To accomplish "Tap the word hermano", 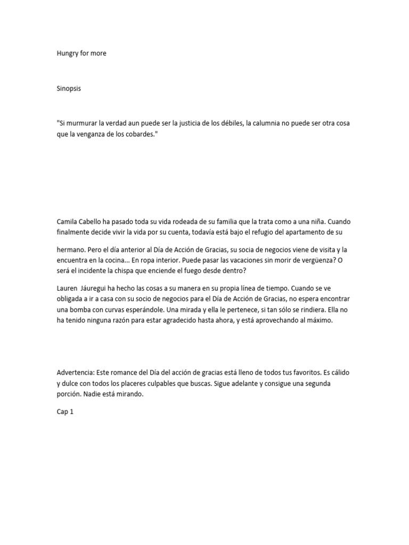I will pos(71,250).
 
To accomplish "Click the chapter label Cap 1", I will pos(64,411).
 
